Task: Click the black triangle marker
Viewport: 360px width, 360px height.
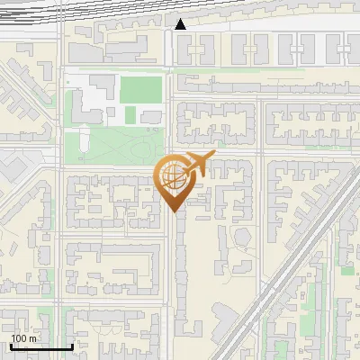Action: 181,24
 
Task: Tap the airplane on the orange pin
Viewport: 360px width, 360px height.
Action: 198,165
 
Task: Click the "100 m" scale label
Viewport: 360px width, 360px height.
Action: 24,338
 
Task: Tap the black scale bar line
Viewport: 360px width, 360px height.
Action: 41,346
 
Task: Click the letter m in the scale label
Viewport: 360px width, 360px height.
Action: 34,338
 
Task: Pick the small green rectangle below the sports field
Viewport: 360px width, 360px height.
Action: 132,115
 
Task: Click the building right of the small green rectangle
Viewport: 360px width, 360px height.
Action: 151,116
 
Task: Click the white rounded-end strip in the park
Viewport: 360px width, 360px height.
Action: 84,139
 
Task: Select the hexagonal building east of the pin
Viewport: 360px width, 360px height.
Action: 242,237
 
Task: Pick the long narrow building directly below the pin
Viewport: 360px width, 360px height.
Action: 181,270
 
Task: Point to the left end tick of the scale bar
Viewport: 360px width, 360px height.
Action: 11,346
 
